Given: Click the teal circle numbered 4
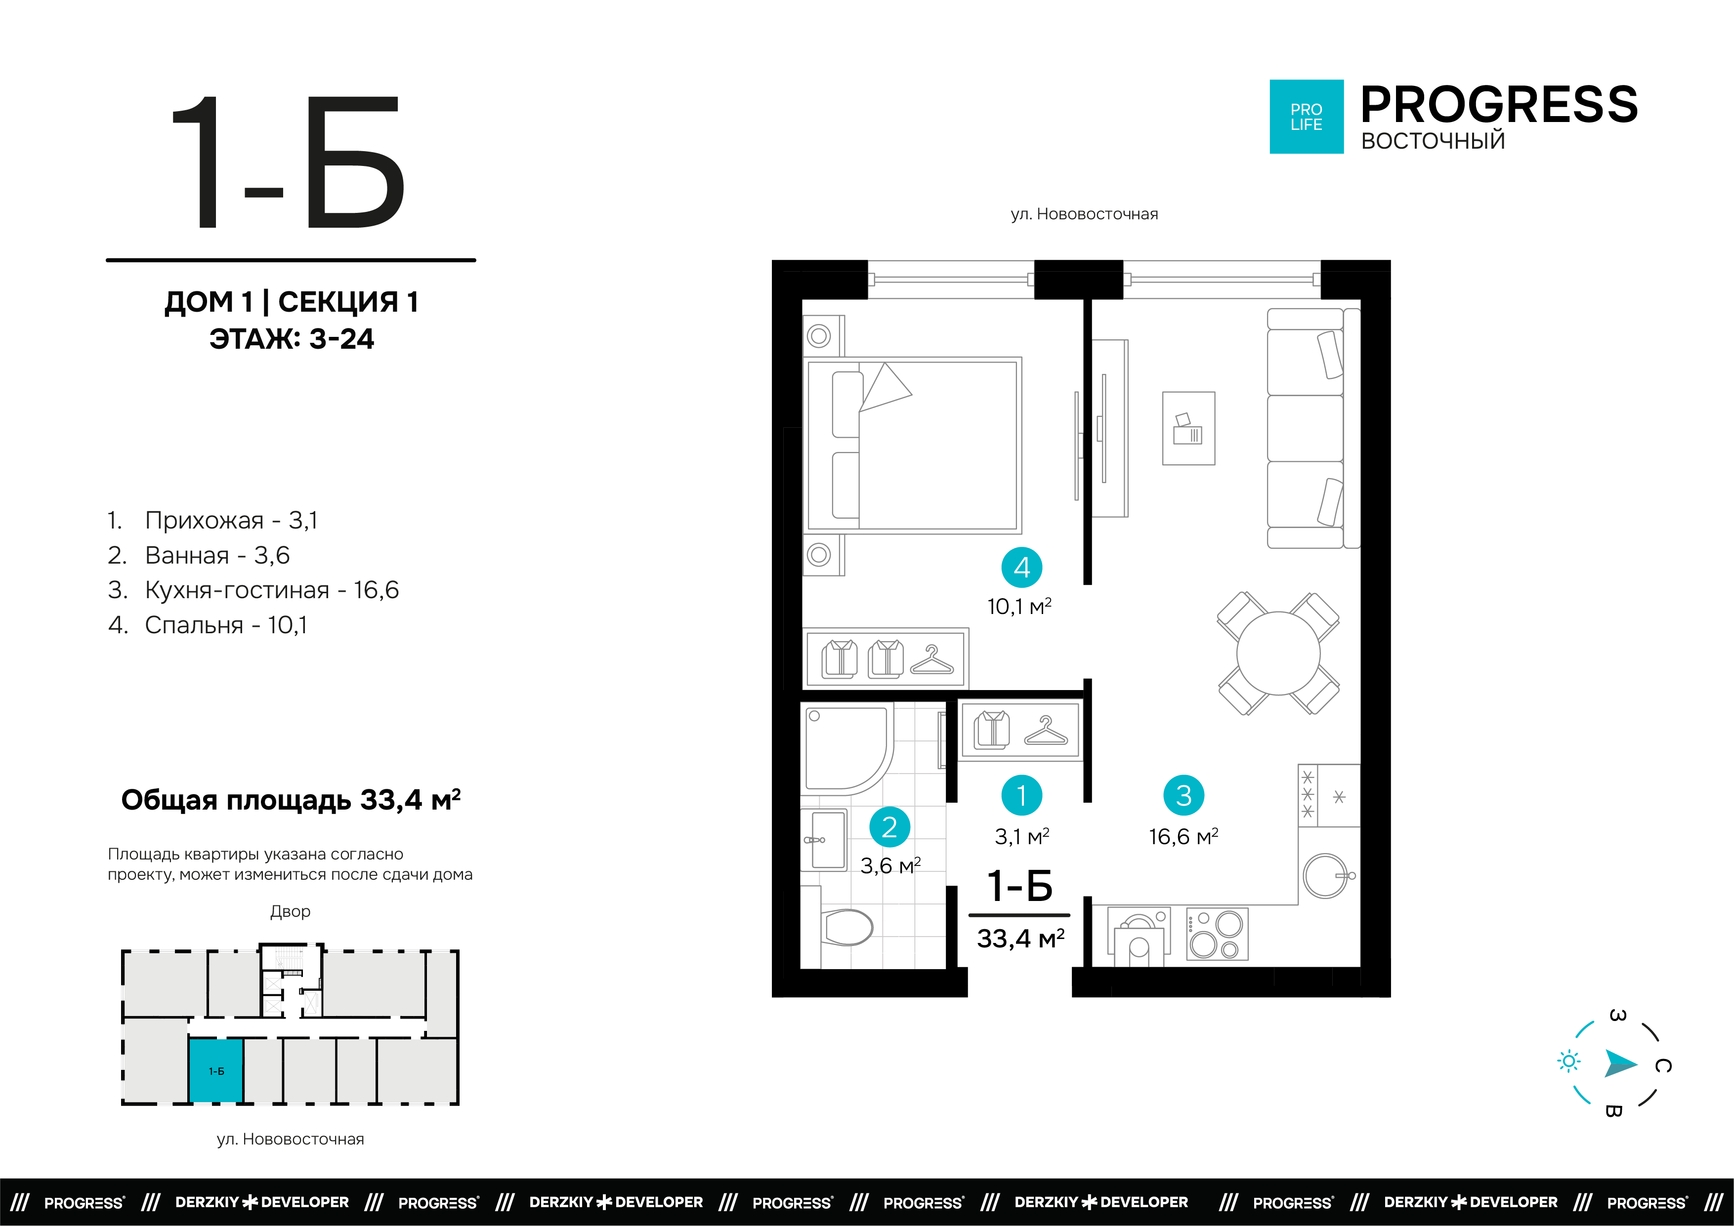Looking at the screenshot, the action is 1022,568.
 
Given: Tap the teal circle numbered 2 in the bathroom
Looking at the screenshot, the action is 889,827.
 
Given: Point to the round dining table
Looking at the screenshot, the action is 1278,653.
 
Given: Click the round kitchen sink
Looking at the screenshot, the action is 1326,876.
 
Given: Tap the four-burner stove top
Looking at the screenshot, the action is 1217,934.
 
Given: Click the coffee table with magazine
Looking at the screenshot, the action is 1189,428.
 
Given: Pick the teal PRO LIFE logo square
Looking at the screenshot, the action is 1307,117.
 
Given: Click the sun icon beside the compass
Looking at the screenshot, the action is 1568,1062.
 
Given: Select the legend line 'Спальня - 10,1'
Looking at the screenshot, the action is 208,625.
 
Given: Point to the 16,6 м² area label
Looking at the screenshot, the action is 1184,836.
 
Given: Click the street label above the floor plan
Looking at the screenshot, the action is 1085,214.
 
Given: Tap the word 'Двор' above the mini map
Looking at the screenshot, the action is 290,911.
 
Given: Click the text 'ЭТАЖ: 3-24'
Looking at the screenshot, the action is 292,339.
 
